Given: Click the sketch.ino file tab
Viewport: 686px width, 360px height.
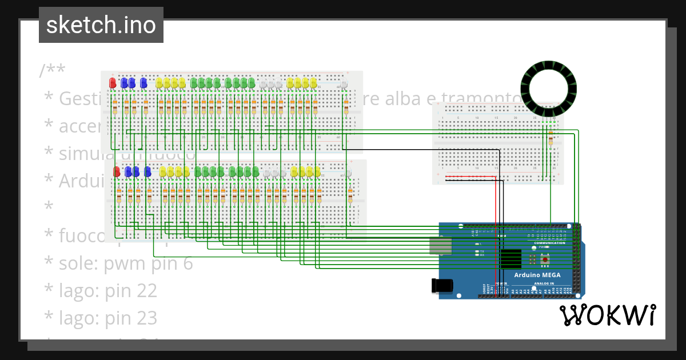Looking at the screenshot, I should (x=101, y=25).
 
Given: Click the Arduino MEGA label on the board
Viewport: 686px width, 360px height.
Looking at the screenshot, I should (x=537, y=275).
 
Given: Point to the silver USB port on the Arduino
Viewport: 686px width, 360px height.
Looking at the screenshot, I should (x=440, y=246).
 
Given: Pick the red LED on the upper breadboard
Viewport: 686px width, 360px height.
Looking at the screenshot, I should (x=113, y=83).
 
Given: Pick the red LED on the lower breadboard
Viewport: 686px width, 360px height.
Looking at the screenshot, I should (x=117, y=171).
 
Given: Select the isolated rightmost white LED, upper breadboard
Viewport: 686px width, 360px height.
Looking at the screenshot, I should (x=344, y=85).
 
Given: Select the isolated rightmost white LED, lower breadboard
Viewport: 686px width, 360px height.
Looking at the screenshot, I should (x=348, y=173).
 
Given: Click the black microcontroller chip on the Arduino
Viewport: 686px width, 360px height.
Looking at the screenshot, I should (x=510, y=259).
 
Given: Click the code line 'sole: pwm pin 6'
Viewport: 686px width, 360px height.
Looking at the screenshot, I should (x=126, y=263).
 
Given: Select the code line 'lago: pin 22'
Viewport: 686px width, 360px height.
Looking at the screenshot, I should (x=108, y=291).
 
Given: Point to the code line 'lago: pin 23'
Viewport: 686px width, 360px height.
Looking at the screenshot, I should (x=108, y=318).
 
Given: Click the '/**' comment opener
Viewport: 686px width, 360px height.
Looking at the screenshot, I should (x=53, y=71).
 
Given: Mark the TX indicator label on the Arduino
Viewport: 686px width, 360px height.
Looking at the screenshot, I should (x=482, y=251).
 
